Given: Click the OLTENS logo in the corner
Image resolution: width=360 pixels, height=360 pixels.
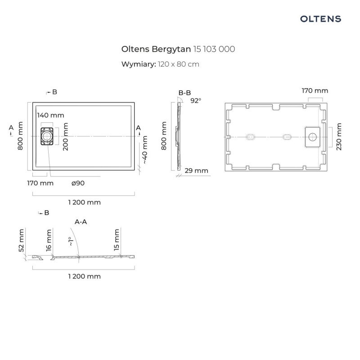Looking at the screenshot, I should coord(320,18).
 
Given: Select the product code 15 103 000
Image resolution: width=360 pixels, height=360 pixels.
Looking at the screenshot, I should coord(214,49).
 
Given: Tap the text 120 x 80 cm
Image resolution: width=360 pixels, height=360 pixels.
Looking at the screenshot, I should coord(178,64).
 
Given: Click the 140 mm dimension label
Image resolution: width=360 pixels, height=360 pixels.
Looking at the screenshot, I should coord(50,115).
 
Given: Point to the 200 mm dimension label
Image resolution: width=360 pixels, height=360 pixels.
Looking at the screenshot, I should coord(66,136).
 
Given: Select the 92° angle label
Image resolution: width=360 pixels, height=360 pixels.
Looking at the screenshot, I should coord(195,101).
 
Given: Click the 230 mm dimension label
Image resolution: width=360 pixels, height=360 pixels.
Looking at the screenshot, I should coord(339,136).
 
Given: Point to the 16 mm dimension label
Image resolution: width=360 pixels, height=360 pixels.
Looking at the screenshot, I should coord(49,240).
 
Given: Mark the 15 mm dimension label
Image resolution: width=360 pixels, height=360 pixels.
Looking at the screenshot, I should coord(117,240).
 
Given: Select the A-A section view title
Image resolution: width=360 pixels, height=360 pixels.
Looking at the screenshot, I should coord(81,222).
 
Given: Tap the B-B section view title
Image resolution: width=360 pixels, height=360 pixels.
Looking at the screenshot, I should coord(184,93).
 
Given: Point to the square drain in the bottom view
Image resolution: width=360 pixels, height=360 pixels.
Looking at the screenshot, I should coord(313,136).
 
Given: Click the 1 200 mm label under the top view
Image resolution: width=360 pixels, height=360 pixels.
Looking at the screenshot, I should coord(85,202).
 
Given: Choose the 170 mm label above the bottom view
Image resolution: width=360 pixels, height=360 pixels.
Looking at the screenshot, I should coord(315,90).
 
